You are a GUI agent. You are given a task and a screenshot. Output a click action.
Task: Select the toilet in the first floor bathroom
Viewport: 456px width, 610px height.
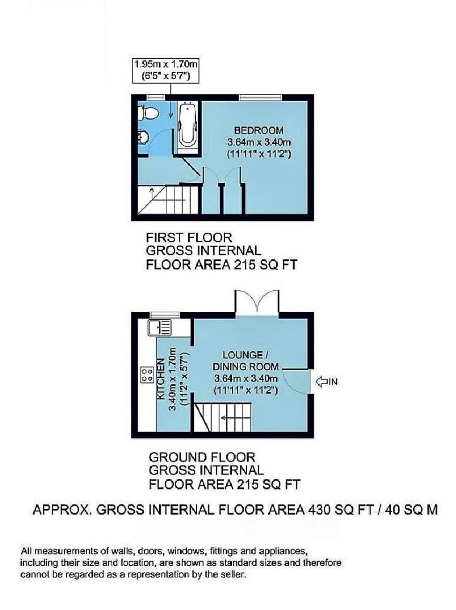click(149, 113)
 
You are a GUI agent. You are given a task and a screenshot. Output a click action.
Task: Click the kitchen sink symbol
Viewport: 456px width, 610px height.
click(159, 326)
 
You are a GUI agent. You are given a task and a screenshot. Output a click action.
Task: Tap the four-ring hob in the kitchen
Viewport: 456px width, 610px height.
click(147, 373)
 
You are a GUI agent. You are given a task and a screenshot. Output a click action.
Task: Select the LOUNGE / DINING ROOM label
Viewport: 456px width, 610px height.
click(245, 360)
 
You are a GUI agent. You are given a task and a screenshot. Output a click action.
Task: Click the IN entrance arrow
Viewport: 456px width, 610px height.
click(327, 382)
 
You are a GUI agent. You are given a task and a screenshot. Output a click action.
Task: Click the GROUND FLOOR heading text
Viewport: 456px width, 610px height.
click(201, 457)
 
